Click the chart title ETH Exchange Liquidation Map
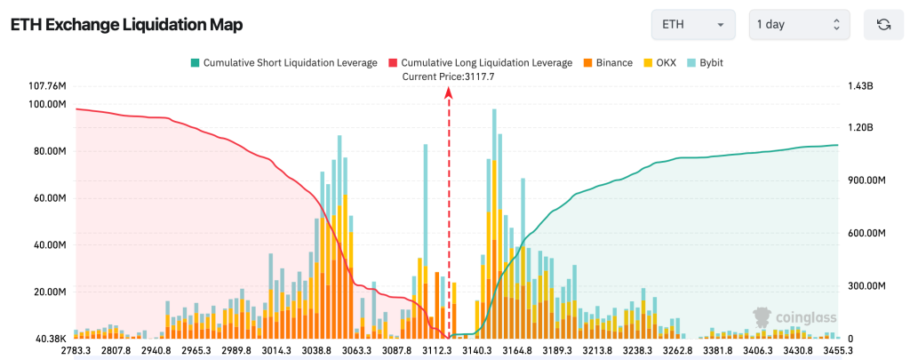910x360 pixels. [x=126, y=25]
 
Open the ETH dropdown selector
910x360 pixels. [x=692, y=25]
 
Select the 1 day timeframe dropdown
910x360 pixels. [x=798, y=25]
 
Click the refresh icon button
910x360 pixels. [x=883, y=25]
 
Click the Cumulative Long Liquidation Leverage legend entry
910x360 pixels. [x=481, y=63]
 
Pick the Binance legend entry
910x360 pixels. [x=608, y=63]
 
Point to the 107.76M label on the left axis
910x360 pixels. [x=48, y=86]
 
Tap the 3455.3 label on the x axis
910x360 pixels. [x=837, y=351]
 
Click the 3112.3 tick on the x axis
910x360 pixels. [x=437, y=351]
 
